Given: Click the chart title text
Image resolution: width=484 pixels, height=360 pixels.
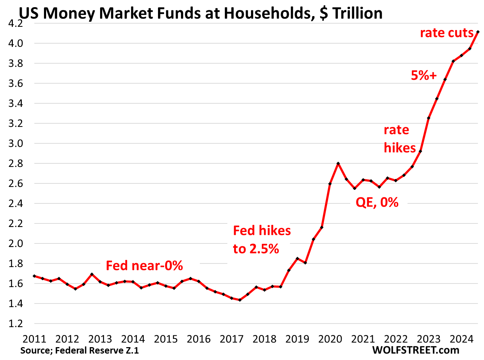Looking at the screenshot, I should [201, 13].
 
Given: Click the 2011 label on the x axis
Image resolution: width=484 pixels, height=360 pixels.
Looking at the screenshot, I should [34, 339].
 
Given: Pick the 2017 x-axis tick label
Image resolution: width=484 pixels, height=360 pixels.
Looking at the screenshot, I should [232, 339].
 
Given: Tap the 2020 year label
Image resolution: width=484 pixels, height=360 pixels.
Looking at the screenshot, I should [330, 339].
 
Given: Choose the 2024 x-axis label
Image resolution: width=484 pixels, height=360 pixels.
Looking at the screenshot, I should [461, 339].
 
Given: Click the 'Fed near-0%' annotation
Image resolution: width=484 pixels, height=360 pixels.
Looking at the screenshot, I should [144, 266].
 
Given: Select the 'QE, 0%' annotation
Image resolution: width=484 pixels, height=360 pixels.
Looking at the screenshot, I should [377, 203].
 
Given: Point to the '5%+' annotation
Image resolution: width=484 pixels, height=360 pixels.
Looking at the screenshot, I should [424, 75].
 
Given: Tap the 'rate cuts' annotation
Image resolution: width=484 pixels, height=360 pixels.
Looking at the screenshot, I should [446, 33].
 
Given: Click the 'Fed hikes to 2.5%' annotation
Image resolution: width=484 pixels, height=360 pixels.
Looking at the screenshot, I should [262, 240].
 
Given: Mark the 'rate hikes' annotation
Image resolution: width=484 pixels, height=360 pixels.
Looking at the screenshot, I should [399, 139].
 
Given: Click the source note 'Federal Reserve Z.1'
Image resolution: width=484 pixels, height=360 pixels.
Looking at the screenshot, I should [79, 350].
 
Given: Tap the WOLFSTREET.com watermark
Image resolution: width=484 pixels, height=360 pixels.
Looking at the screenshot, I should [415, 350].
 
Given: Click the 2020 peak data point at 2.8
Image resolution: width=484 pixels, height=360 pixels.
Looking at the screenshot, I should [338, 163].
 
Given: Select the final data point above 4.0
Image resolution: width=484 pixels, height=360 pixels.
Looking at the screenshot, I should [478, 32].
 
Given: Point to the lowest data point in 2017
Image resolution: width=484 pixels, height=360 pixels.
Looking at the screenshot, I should [240, 300].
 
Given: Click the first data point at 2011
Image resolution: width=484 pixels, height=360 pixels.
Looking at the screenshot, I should [34, 276].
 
